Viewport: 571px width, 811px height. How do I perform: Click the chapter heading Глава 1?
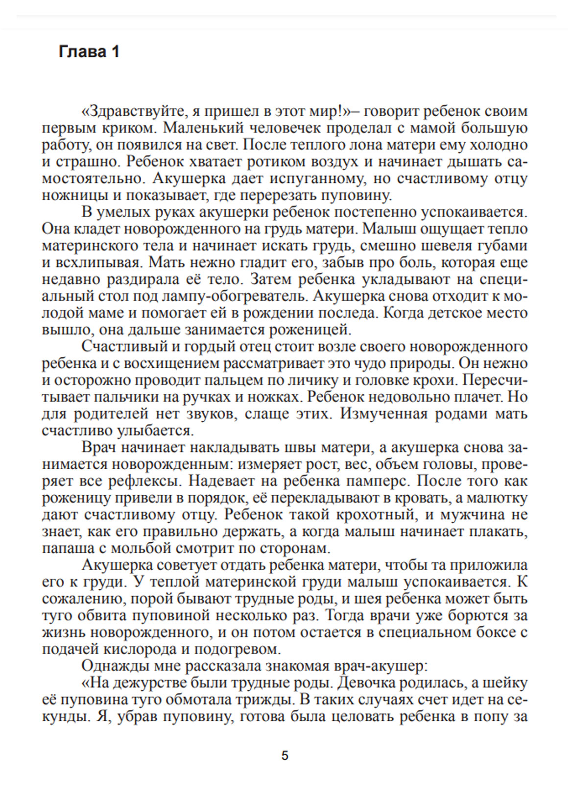(x=89, y=51)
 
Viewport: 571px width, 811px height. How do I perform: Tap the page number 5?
(x=285, y=756)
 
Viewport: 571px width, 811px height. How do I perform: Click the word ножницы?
(x=71, y=195)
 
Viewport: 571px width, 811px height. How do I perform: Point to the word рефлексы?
(x=152, y=481)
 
